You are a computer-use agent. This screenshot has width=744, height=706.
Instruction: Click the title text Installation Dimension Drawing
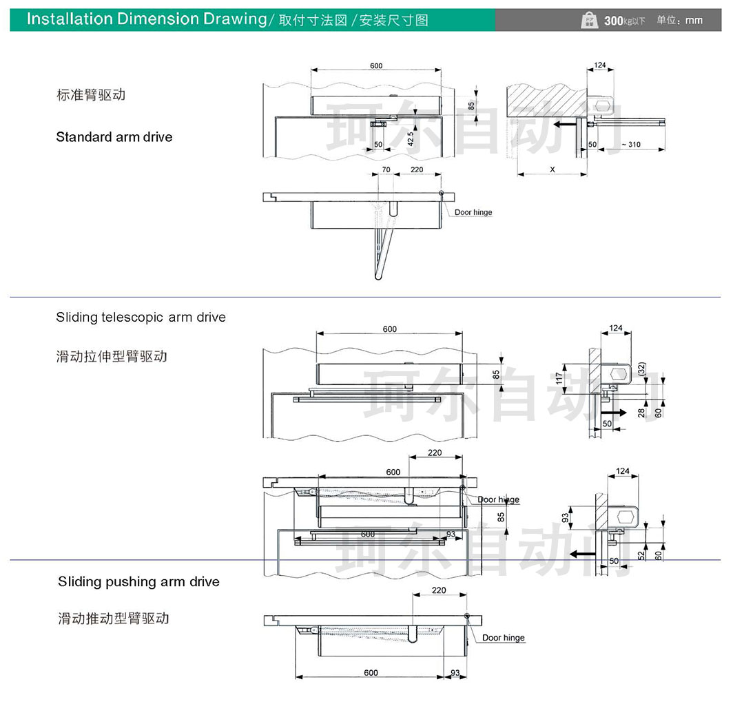tap(146, 19)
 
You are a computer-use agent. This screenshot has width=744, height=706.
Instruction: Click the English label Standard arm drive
tap(114, 137)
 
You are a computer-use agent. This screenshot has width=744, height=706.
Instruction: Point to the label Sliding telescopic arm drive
tap(141, 318)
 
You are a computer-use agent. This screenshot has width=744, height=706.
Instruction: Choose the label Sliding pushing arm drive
tap(138, 582)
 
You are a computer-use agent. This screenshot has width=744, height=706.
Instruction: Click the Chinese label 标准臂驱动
tap(91, 95)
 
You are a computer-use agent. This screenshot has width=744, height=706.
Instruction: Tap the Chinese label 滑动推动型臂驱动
tap(114, 619)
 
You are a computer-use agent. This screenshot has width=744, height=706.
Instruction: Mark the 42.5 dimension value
tap(411, 138)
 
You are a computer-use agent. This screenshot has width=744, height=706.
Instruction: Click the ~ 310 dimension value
tap(630, 145)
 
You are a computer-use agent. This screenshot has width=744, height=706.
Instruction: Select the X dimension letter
tap(552, 169)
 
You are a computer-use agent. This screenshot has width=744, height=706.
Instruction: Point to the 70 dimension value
tap(386, 169)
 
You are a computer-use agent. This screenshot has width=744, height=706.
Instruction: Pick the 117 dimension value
tap(559, 378)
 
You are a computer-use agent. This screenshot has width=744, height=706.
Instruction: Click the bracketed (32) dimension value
tap(641, 369)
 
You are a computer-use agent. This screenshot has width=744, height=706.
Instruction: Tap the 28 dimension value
tap(641, 412)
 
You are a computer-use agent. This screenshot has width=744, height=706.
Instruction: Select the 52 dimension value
tap(641, 554)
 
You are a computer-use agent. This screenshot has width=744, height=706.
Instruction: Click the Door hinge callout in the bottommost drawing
tap(503, 638)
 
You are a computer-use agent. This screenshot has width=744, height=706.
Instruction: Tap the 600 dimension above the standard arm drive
tap(375, 66)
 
